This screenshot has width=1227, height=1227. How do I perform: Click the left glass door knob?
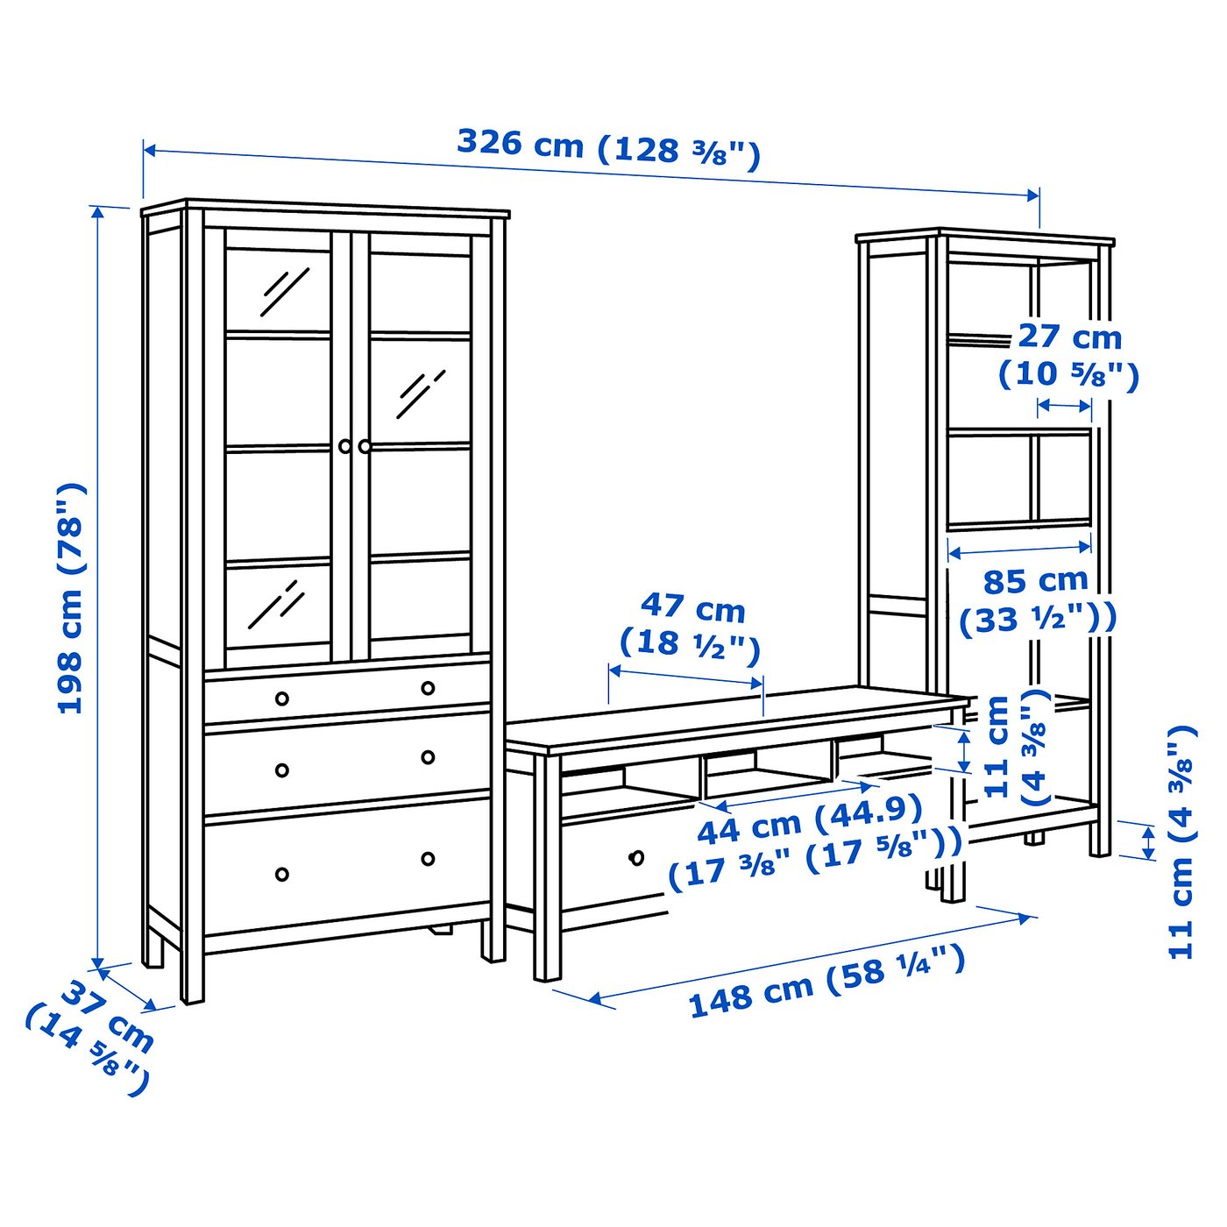(x=345, y=446)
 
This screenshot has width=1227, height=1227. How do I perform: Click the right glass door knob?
(x=365, y=446)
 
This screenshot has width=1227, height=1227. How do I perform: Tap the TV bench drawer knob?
(x=637, y=856)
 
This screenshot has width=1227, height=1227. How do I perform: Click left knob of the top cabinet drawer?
(x=282, y=699)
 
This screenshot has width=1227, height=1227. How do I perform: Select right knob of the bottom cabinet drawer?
(x=428, y=859)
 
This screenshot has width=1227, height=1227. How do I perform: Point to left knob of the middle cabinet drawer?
(x=282, y=770)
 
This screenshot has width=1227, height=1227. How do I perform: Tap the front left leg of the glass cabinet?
(x=192, y=964)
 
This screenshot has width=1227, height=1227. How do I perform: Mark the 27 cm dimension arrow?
(x=1065, y=406)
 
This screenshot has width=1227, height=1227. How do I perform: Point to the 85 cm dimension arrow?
(x=1020, y=550)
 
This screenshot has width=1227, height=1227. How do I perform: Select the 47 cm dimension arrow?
(x=685, y=677)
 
